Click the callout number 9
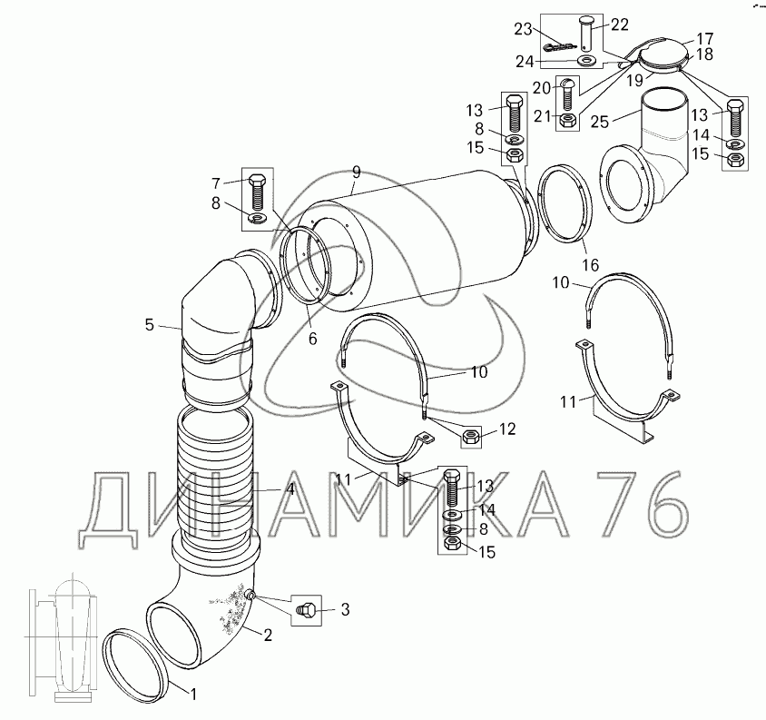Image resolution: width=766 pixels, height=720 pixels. (356, 173)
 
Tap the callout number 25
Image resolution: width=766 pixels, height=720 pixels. (600, 122)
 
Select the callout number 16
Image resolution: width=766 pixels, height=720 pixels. (590, 265)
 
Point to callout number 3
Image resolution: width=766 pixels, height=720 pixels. (345, 609)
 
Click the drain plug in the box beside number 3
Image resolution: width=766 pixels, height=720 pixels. (306, 610)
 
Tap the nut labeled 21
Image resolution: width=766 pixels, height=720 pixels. (567, 120)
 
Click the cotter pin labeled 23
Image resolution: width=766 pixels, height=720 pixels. (560, 47)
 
